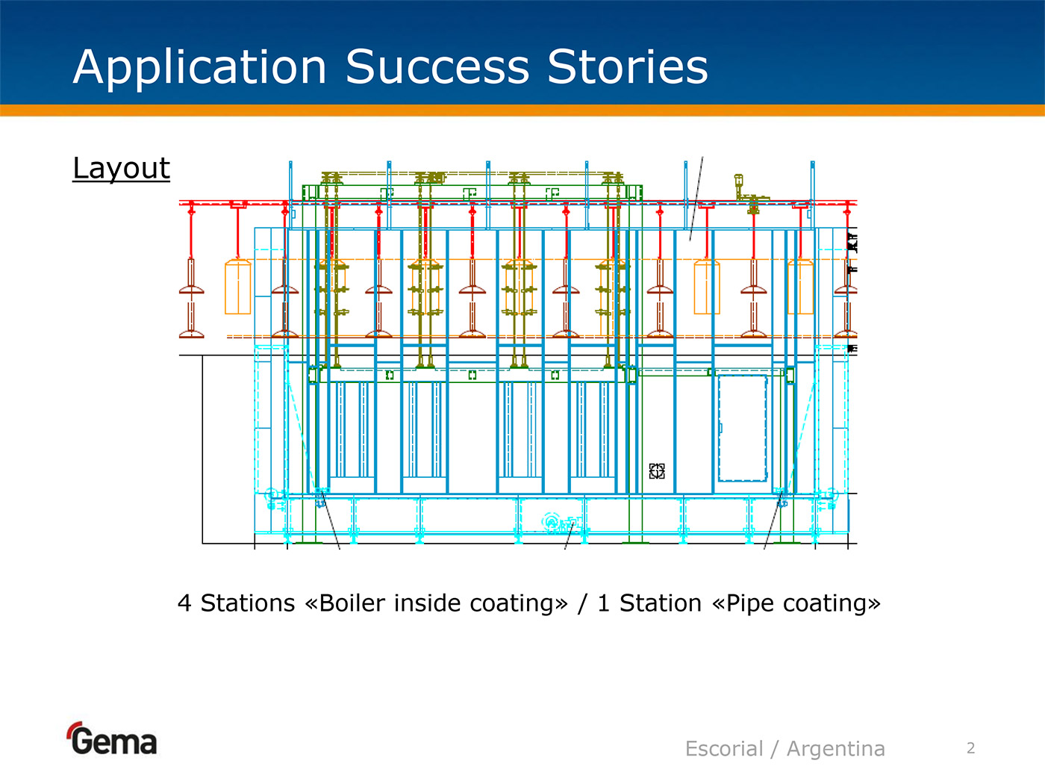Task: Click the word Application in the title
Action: [x=199, y=67]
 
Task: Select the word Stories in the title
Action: [x=627, y=67]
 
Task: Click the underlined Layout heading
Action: [x=121, y=169]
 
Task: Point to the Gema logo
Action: [x=113, y=740]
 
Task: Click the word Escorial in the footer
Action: [x=724, y=748]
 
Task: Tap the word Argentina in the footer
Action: [x=836, y=748]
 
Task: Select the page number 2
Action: [x=970, y=748]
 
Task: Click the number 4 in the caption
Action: [x=184, y=603]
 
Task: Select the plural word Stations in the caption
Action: [x=248, y=603]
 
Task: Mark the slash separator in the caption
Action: [x=582, y=603]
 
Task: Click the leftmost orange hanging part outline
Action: [x=238, y=287]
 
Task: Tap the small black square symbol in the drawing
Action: [x=657, y=471]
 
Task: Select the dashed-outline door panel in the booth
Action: [x=742, y=428]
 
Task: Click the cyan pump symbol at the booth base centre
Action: [x=553, y=522]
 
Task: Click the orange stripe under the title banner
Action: [x=522, y=111]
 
